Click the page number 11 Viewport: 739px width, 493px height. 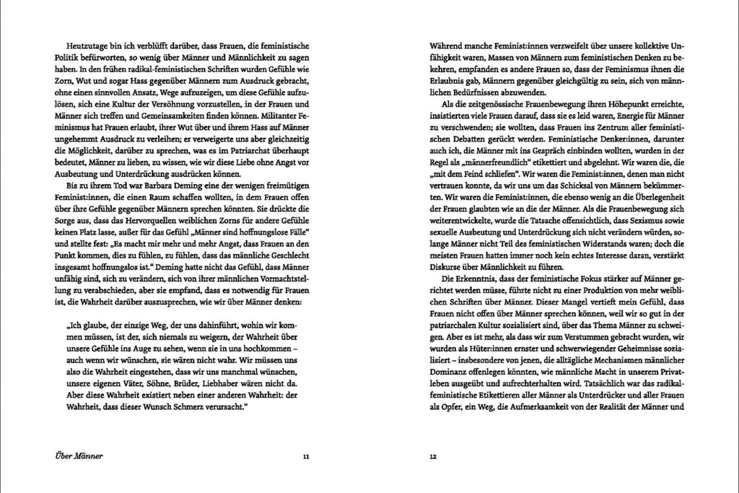point(306,456)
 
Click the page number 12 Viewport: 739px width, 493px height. point(433,456)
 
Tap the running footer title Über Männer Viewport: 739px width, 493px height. point(79,456)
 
